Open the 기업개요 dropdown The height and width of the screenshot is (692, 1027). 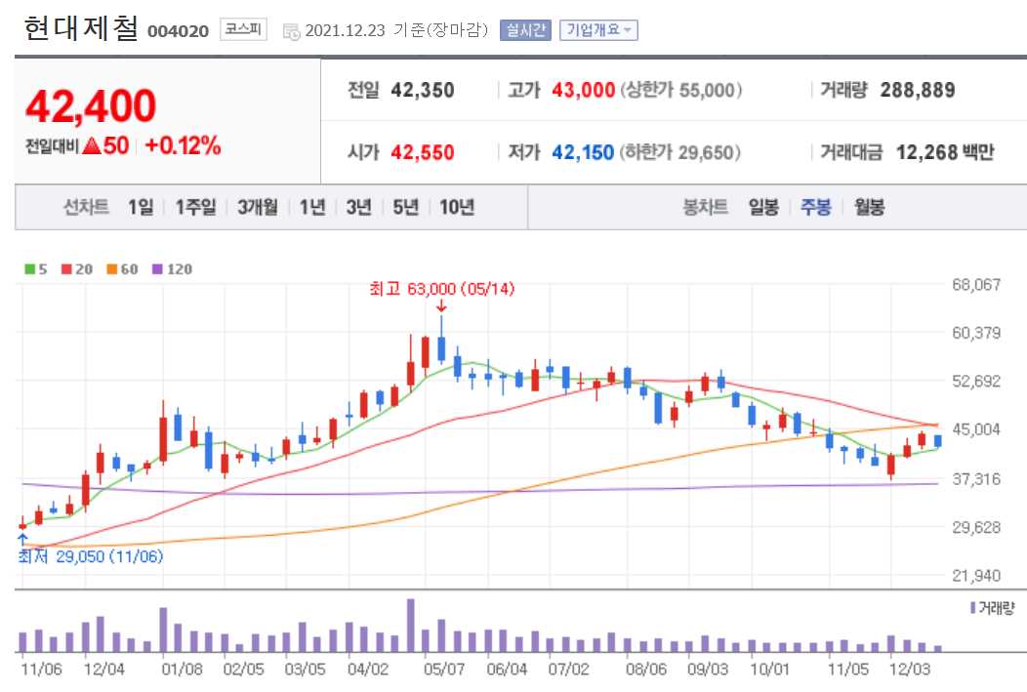click(597, 30)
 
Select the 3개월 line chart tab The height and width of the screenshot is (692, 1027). click(258, 207)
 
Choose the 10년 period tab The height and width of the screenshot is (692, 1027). click(457, 207)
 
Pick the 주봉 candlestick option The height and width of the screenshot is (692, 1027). click(815, 207)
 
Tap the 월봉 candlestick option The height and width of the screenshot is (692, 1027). click(869, 207)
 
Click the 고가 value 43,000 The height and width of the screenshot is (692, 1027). click(583, 91)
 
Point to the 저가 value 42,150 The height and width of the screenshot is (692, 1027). click(583, 152)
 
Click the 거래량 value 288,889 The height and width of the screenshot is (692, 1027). click(918, 91)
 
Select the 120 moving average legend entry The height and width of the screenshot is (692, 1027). click(175, 268)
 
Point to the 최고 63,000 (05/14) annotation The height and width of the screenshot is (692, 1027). click(441, 289)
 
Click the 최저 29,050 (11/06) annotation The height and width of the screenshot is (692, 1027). click(91, 556)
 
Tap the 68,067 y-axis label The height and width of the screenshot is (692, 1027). click(975, 285)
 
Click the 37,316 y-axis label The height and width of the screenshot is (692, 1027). click(975, 478)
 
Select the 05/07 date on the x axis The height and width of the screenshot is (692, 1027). click(443, 670)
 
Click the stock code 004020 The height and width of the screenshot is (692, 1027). click(178, 30)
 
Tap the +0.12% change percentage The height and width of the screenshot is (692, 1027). click(183, 146)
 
